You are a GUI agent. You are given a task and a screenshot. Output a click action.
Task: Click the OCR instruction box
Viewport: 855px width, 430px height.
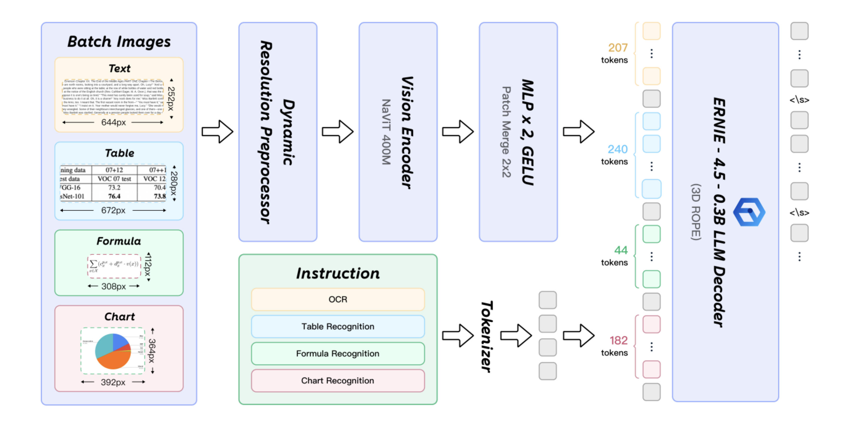tap(337, 299)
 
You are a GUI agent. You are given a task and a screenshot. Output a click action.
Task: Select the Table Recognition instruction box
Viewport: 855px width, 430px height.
tap(337, 326)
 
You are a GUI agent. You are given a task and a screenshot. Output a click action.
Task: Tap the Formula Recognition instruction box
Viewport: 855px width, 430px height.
tap(337, 354)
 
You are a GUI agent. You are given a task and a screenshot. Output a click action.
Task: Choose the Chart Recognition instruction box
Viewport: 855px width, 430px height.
tap(337, 381)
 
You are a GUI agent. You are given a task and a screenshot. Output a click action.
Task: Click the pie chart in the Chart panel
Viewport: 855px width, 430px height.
tap(113, 351)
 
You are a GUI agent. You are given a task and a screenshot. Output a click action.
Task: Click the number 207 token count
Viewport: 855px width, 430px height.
tap(618, 48)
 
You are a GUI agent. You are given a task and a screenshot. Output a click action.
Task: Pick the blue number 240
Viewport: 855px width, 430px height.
tap(617, 149)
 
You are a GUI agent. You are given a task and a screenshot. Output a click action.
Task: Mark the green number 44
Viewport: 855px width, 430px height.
tap(621, 250)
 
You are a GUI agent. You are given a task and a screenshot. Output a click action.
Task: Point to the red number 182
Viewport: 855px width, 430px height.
tap(618, 340)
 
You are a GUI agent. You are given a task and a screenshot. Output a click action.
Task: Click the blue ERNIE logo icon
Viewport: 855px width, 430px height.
tap(749, 212)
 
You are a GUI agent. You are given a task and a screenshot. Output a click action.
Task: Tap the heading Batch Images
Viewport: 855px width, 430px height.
tap(119, 42)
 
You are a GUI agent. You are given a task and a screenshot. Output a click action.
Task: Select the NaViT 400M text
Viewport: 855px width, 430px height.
tap(386, 132)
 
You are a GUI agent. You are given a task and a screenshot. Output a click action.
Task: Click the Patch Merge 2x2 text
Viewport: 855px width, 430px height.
tap(506, 132)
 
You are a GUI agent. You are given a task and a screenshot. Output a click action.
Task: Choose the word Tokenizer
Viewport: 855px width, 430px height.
tap(487, 336)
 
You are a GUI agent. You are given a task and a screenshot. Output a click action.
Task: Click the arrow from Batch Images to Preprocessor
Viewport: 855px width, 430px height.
tap(217, 132)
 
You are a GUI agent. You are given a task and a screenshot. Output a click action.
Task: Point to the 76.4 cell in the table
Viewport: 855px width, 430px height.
tap(114, 196)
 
